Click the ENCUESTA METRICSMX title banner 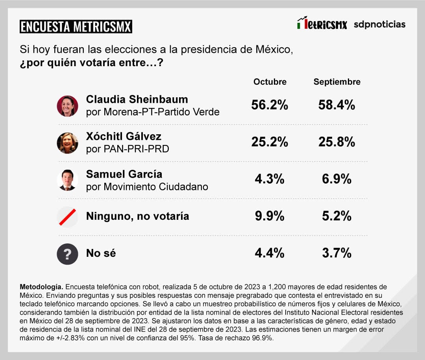pyautogui.click(x=76, y=27)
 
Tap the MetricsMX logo pyautogui.click(x=322, y=24)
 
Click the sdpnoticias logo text pyautogui.click(x=379, y=24)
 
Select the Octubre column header pyautogui.click(x=270, y=82)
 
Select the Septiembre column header pyautogui.click(x=337, y=82)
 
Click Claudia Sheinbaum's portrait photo pyautogui.click(x=67, y=106)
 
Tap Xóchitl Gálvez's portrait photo pyautogui.click(x=67, y=143)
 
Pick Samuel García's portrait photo pyautogui.click(x=67, y=180)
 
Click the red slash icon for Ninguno pyautogui.click(x=67, y=217)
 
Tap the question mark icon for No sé pyautogui.click(x=67, y=254)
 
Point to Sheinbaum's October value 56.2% pyautogui.click(x=270, y=105)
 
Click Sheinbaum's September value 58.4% pyautogui.click(x=336, y=105)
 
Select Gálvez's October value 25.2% pyautogui.click(x=270, y=142)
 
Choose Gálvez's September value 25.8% pyautogui.click(x=336, y=142)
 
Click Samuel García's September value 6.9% pyautogui.click(x=336, y=179)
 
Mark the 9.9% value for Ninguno pyautogui.click(x=270, y=216)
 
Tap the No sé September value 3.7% pyautogui.click(x=336, y=253)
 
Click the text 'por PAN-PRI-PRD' pyautogui.click(x=128, y=149)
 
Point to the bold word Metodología pyautogui.click(x=41, y=286)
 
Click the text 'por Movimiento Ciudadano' pyautogui.click(x=147, y=186)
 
